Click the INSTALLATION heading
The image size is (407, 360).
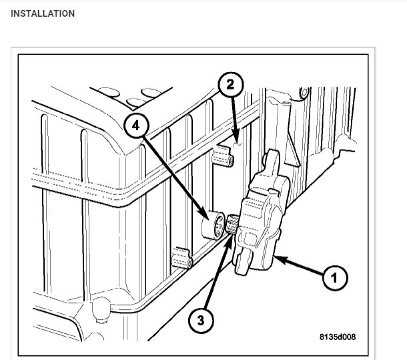[43, 13]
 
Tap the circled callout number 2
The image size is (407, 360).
[230, 85]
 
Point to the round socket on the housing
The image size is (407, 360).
[216, 226]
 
